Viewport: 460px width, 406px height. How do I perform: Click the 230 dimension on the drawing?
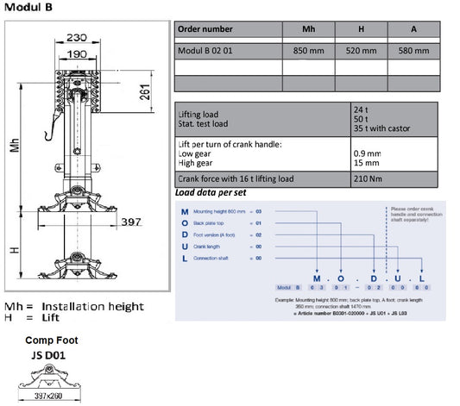tap(77, 38)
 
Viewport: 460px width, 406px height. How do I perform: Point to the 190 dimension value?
tap(78, 53)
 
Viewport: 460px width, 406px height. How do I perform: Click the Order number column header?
tap(205, 29)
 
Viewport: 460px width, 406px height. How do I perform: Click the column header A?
tap(414, 29)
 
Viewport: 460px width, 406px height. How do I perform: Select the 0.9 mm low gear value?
tap(366, 153)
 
